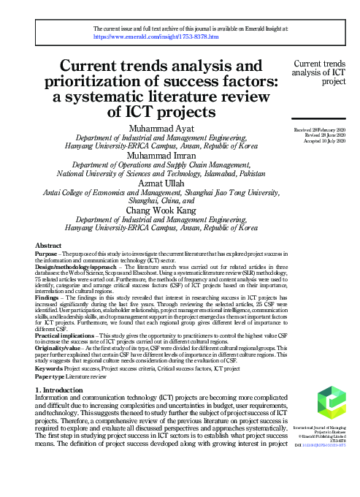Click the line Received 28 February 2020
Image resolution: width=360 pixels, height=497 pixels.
pyautogui.click(x=318, y=130)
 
